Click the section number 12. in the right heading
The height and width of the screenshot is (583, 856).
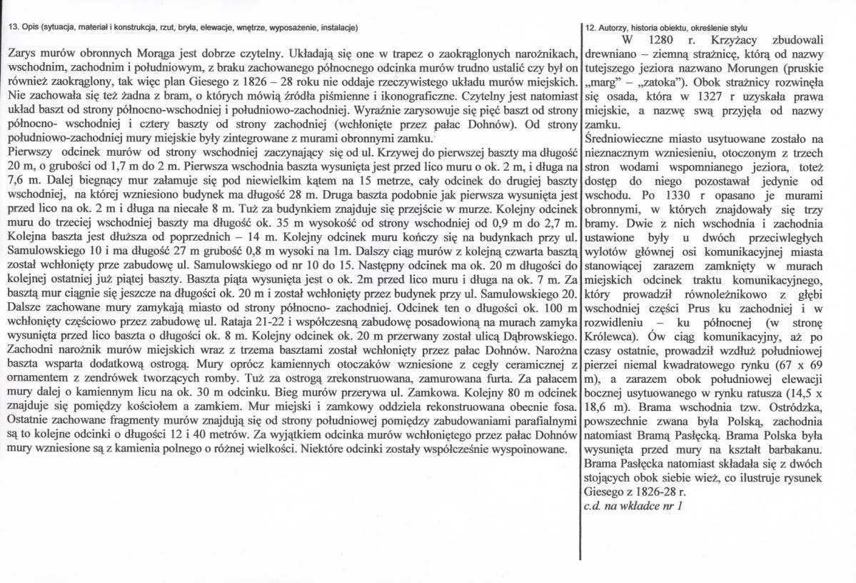click(590, 28)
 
